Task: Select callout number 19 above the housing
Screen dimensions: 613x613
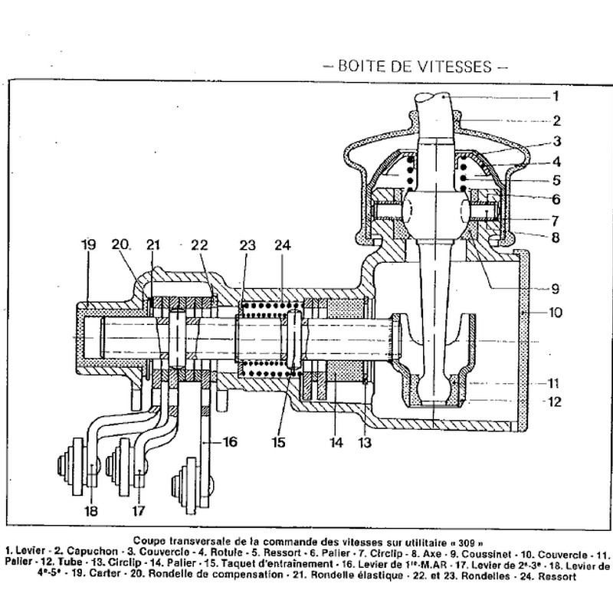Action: click(89, 245)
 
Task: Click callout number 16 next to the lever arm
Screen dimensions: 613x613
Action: click(230, 442)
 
